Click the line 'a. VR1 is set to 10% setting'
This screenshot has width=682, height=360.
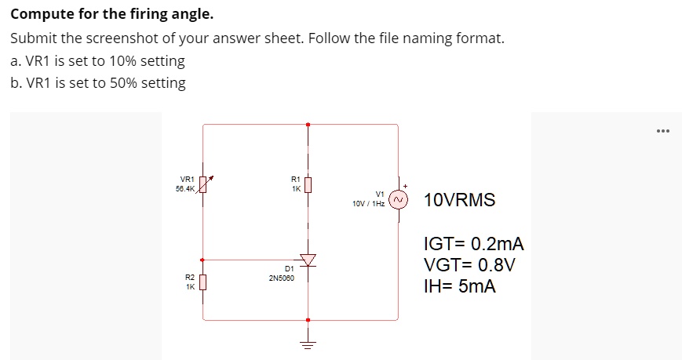click(x=98, y=60)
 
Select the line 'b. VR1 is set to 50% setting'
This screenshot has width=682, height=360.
click(x=98, y=82)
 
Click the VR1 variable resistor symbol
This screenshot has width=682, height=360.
click(x=204, y=184)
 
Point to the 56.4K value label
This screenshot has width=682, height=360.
click(x=186, y=188)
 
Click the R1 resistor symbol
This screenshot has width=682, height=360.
click(x=308, y=185)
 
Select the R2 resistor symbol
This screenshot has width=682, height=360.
click(x=204, y=281)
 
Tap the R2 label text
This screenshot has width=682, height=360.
click(x=189, y=277)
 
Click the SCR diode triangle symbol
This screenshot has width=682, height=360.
click(x=308, y=259)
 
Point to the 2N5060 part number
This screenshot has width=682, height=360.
click(x=281, y=278)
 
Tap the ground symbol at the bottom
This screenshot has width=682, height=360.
click(x=308, y=344)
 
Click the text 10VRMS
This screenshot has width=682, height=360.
click(x=459, y=200)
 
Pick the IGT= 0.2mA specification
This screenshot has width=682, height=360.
click(x=472, y=245)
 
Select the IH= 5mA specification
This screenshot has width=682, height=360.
click(x=459, y=286)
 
